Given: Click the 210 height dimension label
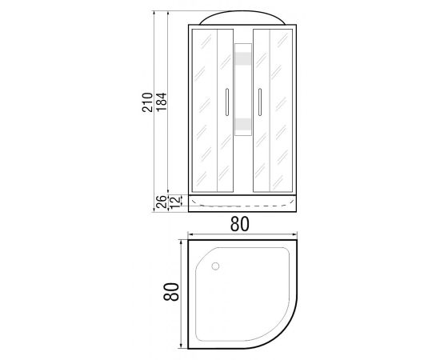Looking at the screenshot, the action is pyautogui.click(x=147, y=102).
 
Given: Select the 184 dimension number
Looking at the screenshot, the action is pyautogui.click(x=162, y=102).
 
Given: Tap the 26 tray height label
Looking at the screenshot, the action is pyautogui.click(x=162, y=202).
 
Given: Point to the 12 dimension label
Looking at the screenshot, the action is pyautogui.click(x=174, y=202).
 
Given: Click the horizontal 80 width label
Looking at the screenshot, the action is pyautogui.click(x=240, y=224).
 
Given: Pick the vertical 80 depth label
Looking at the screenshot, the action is pyautogui.click(x=171, y=291).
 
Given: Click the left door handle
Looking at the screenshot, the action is pyautogui.click(x=227, y=102).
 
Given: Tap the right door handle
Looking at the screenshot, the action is pyautogui.click(x=260, y=102).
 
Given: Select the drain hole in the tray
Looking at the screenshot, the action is pyautogui.click(x=215, y=266).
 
